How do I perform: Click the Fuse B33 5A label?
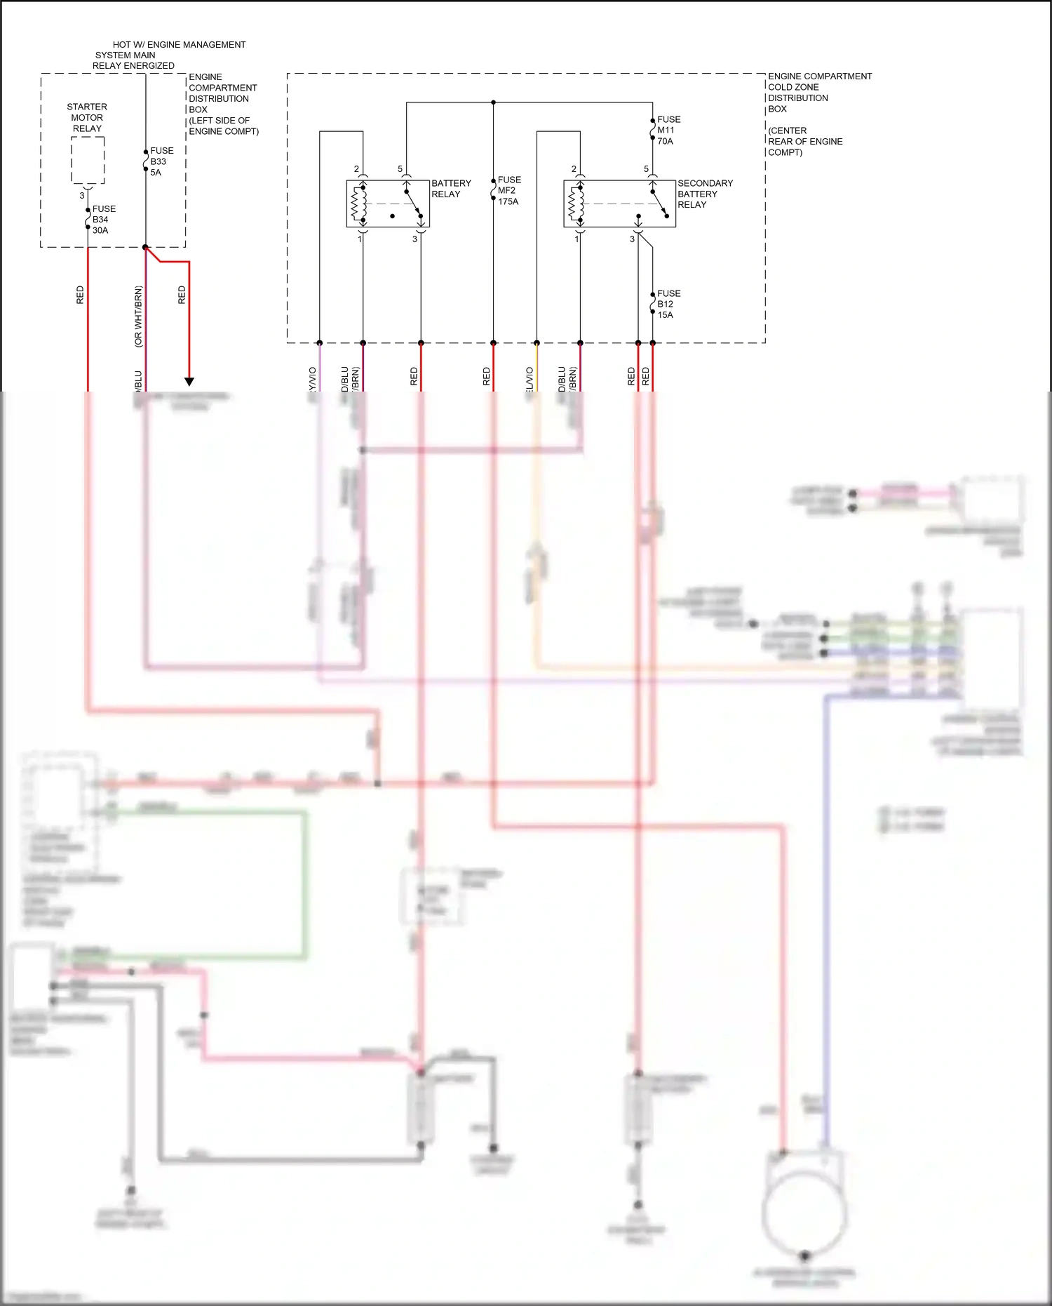point(161,161)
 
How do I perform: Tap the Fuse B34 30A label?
point(103,220)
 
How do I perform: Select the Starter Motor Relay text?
point(87,118)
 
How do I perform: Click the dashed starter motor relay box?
point(88,160)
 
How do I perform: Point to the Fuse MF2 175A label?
point(508,191)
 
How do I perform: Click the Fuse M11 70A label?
point(668,131)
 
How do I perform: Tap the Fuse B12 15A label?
point(668,304)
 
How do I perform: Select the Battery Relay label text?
point(451,188)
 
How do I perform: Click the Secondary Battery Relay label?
point(704,194)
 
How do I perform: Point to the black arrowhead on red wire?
point(189,382)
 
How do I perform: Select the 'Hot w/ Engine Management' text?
point(179,44)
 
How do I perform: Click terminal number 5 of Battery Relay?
point(400,169)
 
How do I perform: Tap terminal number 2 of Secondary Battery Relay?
point(574,169)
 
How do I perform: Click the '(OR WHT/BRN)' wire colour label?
point(138,316)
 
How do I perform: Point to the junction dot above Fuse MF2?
point(493,102)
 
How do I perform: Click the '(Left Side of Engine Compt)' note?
point(223,126)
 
